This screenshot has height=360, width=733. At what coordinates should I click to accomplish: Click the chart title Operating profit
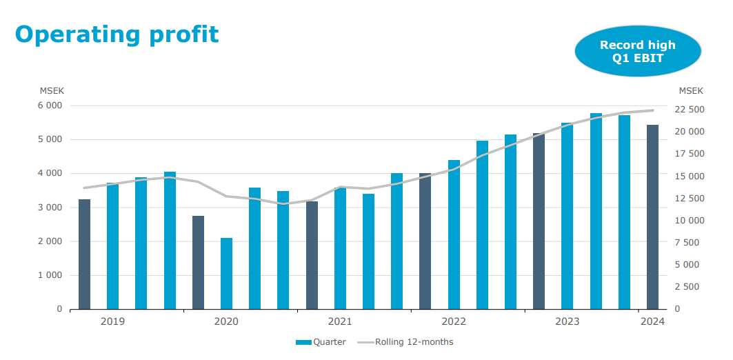click(x=117, y=34)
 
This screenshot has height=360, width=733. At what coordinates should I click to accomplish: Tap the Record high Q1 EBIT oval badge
click(x=637, y=52)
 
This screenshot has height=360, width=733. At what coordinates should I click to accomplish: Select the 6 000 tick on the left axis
click(x=50, y=106)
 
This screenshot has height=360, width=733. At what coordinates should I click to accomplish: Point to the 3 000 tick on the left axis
click(x=50, y=208)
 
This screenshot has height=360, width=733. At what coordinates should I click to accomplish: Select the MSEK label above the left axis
click(x=52, y=90)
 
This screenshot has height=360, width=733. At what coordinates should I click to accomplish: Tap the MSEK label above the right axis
click(x=691, y=90)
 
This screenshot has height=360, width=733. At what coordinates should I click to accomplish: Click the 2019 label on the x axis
click(x=112, y=321)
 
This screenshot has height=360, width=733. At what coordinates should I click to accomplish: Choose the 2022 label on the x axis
click(x=454, y=321)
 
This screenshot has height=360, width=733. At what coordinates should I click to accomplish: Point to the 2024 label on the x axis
click(x=652, y=321)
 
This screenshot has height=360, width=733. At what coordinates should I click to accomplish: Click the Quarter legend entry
click(x=321, y=342)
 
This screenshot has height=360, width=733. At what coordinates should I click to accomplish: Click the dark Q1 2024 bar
click(x=652, y=217)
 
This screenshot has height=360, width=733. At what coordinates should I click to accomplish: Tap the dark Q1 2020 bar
click(x=198, y=263)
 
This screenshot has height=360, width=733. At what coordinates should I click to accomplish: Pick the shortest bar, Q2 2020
click(x=226, y=274)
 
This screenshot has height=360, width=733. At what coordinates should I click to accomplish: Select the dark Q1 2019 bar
click(x=84, y=254)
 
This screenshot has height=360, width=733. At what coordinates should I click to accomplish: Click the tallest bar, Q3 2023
click(x=596, y=211)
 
